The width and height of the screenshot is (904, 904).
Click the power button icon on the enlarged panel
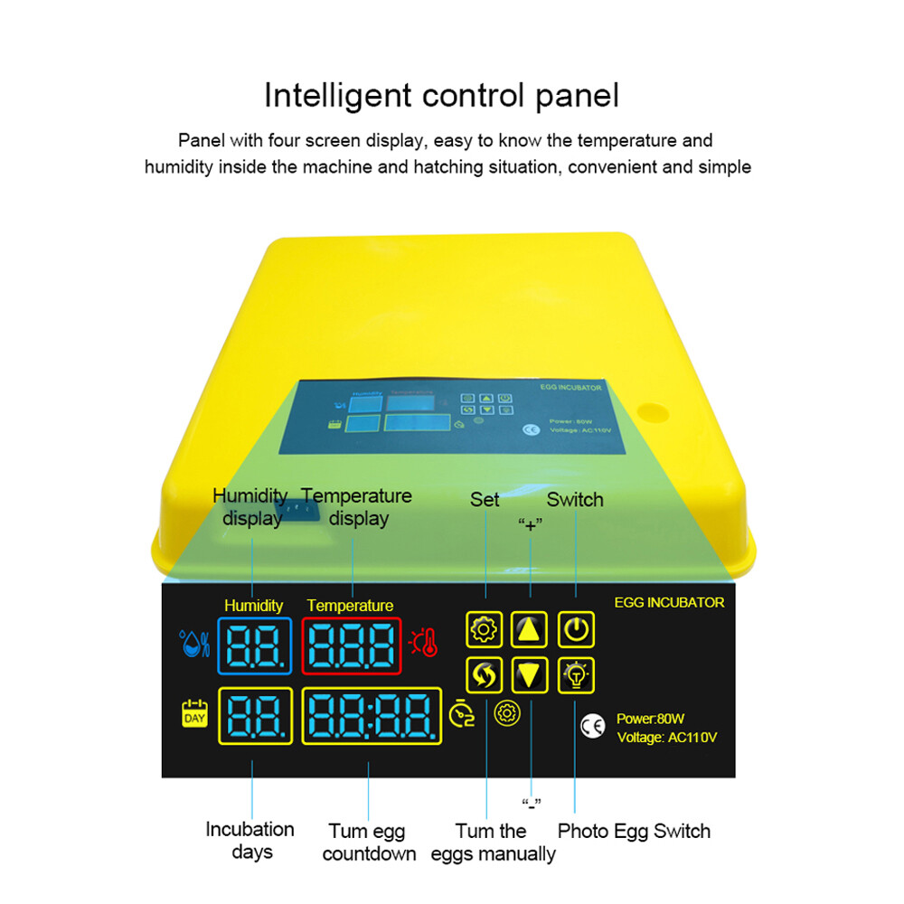click(x=576, y=629)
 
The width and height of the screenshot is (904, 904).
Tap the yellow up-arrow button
click(x=530, y=629)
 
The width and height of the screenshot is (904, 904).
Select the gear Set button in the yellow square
click(x=485, y=629)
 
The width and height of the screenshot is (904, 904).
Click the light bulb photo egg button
click(x=576, y=674)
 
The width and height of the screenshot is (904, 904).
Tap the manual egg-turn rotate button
click(x=485, y=674)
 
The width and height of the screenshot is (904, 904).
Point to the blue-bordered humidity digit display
click(x=254, y=645)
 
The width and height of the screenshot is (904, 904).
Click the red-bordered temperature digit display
click(x=351, y=645)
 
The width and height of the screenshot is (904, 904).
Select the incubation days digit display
click(x=254, y=716)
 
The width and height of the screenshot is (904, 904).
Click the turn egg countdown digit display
click(x=372, y=716)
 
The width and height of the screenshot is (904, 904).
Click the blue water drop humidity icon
click(x=194, y=643)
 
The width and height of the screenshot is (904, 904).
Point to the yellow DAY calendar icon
click(x=195, y=714)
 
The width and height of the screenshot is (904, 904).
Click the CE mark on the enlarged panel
click(x=592, y=727)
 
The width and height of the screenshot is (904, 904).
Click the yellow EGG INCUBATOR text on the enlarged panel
click(x=669, y=602)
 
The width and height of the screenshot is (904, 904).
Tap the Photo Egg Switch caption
click(x=634, y=831)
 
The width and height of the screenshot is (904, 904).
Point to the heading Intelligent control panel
click(x=441, y=95)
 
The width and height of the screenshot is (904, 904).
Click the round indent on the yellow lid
click(x=649, y=412)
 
